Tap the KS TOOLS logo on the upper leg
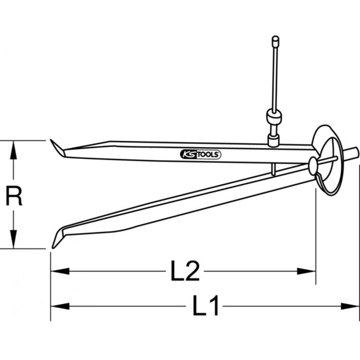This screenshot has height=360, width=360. click(200, 154)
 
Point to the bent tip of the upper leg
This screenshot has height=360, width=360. click(57, 148)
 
